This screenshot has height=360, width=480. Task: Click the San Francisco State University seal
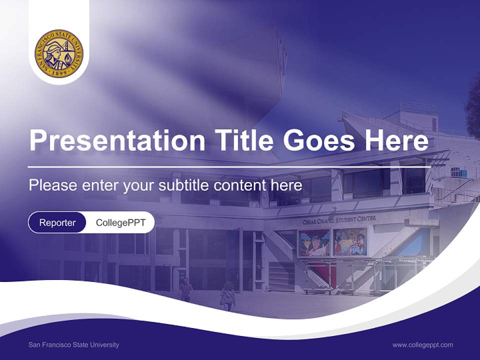coord(59,53)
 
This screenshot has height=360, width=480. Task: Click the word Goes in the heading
coord(319,140)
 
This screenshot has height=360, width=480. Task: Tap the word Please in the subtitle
coord(53,185)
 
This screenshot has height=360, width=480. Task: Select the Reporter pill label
coord(57,222)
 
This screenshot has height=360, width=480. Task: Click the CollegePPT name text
coord(120,222)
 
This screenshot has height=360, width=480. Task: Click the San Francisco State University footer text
coord(74,344)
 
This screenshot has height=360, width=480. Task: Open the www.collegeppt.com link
coord(422,345)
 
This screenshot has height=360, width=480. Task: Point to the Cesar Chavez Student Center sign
coord(339,220)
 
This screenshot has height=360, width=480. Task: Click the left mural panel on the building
coord(314,243)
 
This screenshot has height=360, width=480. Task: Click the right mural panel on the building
coord(350,241)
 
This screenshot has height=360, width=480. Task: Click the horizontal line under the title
coord(229,167)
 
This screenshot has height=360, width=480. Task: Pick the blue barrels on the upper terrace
coord(458,172)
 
